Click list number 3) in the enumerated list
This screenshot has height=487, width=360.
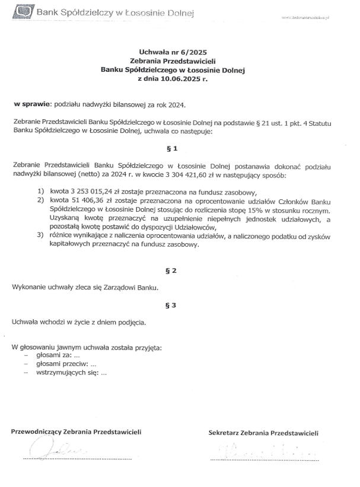click(40, 235)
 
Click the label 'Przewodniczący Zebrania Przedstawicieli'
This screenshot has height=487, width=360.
click(77, 432)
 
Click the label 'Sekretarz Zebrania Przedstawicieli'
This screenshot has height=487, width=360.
click(263, 434)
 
